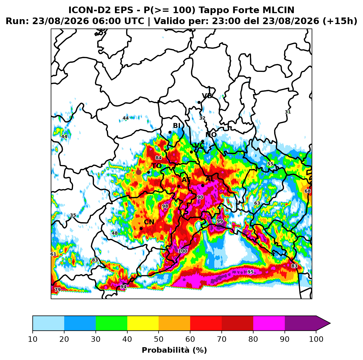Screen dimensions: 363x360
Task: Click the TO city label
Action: pos(157,166)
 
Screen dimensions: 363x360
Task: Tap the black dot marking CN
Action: pos(141,228)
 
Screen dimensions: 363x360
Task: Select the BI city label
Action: pos(176,126)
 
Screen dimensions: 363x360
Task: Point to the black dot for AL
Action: pos(202,185)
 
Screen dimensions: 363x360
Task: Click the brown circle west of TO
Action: pos(139,172)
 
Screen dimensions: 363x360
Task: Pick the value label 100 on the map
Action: pos(182,251)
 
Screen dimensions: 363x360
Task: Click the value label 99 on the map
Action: pos(220,221)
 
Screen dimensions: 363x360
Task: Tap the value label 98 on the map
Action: pos(165,206)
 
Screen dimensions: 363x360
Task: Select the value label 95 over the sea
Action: pos(250,272)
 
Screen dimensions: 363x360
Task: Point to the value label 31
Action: pos(288,112)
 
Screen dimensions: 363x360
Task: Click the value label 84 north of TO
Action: pos(158,158)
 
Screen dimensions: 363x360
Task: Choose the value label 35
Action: pos(73,215)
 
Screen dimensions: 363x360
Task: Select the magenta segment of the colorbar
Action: pos(269,323)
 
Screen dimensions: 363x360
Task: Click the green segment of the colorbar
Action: pos(111,323)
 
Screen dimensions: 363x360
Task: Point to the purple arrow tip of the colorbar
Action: pos(330,323)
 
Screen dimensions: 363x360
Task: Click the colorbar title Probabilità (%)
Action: pos(174,350)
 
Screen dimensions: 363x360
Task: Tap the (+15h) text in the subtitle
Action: pos(340,21)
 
